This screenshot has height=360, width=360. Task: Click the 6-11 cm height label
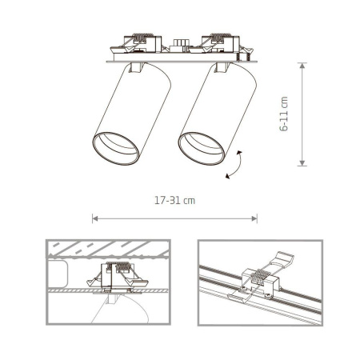284,115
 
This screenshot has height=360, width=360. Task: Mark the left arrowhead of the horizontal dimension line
95,217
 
